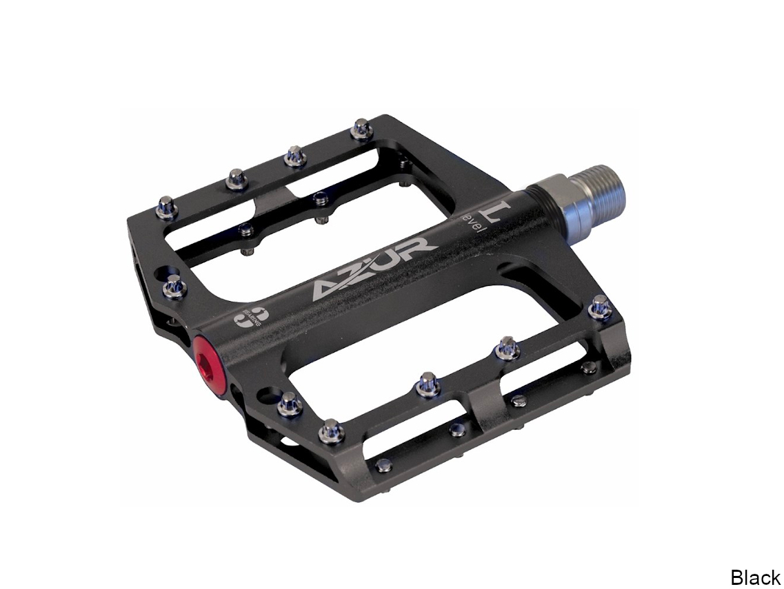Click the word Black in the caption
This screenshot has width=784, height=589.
(755, 577)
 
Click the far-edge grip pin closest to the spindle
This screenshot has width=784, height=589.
(361, 128)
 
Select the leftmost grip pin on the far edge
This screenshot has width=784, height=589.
(168, 205)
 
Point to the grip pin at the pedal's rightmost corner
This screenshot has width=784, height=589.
(601, 307)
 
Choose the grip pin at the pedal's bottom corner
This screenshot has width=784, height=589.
(332, 432)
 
